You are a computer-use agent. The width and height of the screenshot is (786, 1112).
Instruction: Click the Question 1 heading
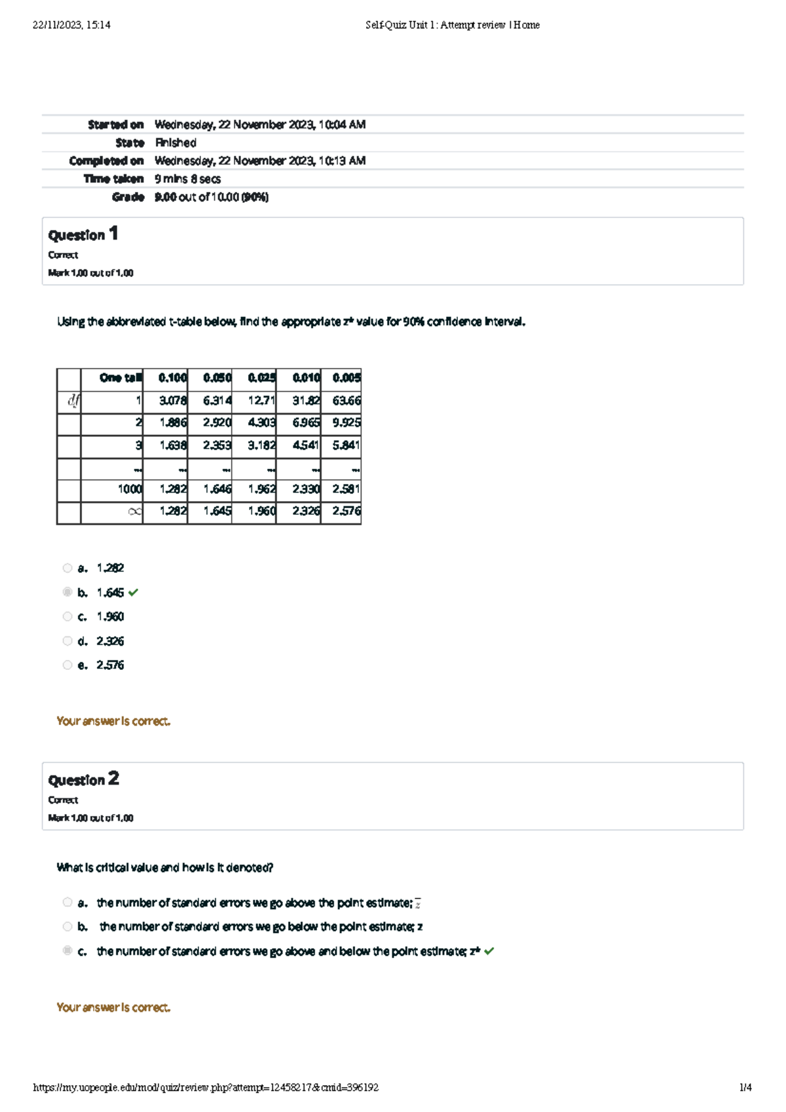83,234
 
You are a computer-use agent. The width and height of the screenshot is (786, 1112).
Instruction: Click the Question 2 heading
83,779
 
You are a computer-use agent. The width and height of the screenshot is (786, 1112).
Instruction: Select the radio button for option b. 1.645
67,592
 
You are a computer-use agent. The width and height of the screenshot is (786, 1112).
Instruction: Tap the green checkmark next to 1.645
134,593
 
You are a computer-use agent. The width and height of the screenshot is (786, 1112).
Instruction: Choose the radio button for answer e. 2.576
67,665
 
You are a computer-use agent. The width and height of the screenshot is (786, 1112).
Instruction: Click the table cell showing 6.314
217,401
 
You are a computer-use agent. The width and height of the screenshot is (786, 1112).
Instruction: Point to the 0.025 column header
261,378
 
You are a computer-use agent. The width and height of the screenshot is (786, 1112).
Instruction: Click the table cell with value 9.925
346,423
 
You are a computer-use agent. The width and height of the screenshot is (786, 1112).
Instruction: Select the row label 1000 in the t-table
130,489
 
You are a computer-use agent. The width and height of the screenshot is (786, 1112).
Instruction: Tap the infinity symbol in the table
134,511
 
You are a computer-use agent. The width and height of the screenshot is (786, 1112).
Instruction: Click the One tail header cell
120,378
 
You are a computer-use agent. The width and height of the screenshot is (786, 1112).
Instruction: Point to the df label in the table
73,401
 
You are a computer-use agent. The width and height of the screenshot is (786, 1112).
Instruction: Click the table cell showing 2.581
346,489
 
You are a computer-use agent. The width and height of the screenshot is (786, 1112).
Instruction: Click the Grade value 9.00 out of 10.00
211,197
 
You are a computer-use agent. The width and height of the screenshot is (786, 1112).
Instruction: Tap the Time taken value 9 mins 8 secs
187,179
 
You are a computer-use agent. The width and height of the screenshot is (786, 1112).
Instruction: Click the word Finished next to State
176,143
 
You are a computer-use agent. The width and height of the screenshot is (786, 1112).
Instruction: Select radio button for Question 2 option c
67,950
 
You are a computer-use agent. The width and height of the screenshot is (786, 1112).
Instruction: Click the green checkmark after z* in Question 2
489,951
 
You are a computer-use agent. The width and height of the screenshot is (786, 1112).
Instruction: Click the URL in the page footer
206,1087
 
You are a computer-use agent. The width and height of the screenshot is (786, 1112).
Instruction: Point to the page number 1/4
745,1087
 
